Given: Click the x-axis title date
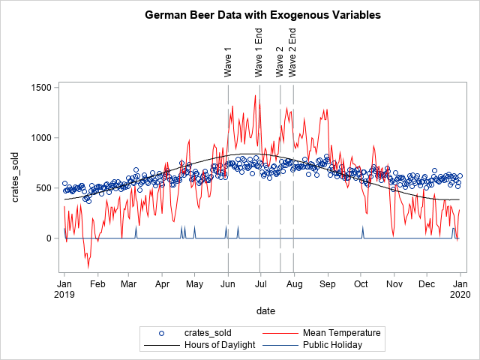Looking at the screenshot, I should coord(262,310).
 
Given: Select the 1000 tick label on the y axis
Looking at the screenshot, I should coord(40,138).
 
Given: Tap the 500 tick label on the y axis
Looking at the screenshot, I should coord(43,188).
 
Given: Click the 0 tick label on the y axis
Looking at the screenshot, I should coord(47,238).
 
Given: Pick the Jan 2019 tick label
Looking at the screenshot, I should coord(64,289).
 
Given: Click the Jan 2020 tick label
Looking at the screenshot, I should coord(460,289).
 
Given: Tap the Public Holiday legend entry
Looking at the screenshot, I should coord(332,345).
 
